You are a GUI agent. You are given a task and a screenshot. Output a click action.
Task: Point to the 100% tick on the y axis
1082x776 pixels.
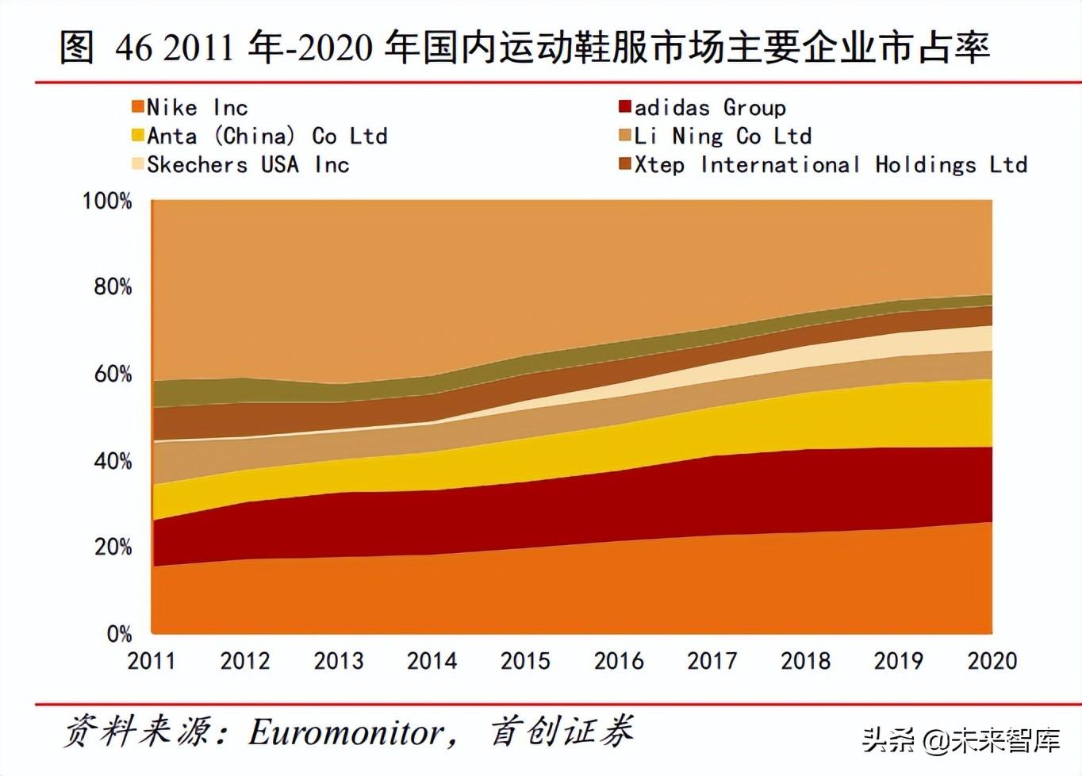[107, 201]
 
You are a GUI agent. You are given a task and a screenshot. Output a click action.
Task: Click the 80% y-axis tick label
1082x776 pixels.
[113, 286]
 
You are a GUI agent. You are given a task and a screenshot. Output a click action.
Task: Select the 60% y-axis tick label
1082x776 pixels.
[113, 374]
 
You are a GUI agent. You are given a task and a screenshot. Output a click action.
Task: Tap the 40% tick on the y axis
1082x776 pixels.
[113, 461]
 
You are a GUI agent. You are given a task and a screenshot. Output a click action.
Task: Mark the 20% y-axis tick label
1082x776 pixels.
[113, 547]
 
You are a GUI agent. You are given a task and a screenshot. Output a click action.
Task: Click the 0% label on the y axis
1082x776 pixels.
[119, 633]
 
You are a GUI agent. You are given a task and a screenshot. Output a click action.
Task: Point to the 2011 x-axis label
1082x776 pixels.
[152, 660]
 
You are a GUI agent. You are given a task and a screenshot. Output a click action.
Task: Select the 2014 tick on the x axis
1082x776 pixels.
[432, 660]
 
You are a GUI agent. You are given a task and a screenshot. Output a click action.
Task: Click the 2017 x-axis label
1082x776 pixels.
[712, 660]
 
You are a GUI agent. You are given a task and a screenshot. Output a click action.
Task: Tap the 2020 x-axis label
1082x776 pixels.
[992, 660]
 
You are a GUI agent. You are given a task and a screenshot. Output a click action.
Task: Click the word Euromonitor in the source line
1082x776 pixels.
[347, 732]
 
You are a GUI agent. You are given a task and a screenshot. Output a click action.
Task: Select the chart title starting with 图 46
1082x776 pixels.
[524, 48]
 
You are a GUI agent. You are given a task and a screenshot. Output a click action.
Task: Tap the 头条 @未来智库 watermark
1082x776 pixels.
[961, 740]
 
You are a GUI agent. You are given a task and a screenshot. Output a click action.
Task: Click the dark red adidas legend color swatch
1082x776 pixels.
[625, 106]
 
